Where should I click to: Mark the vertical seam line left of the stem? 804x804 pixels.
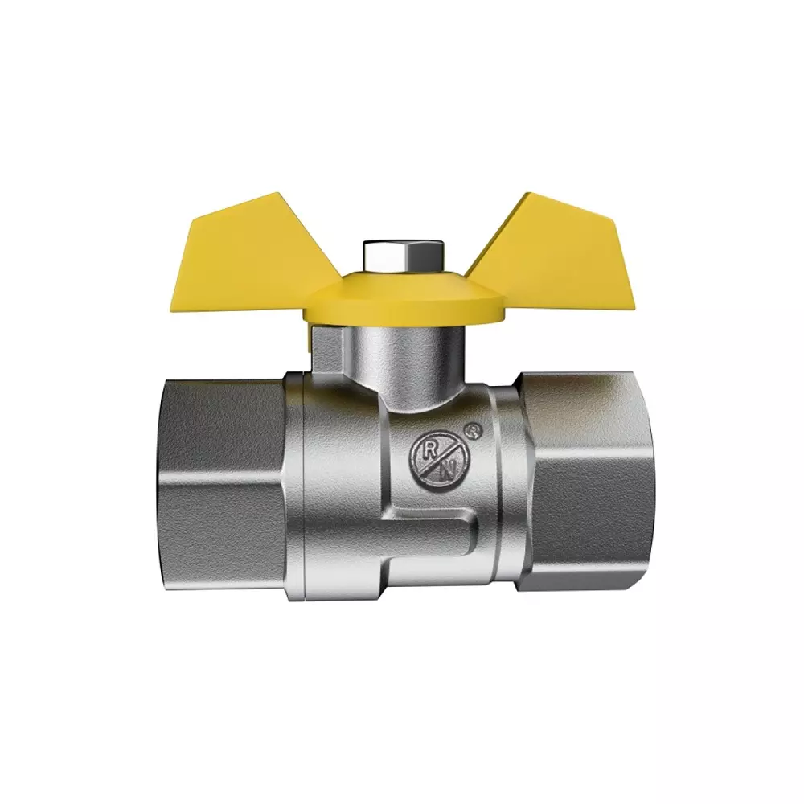coord(301,482)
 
